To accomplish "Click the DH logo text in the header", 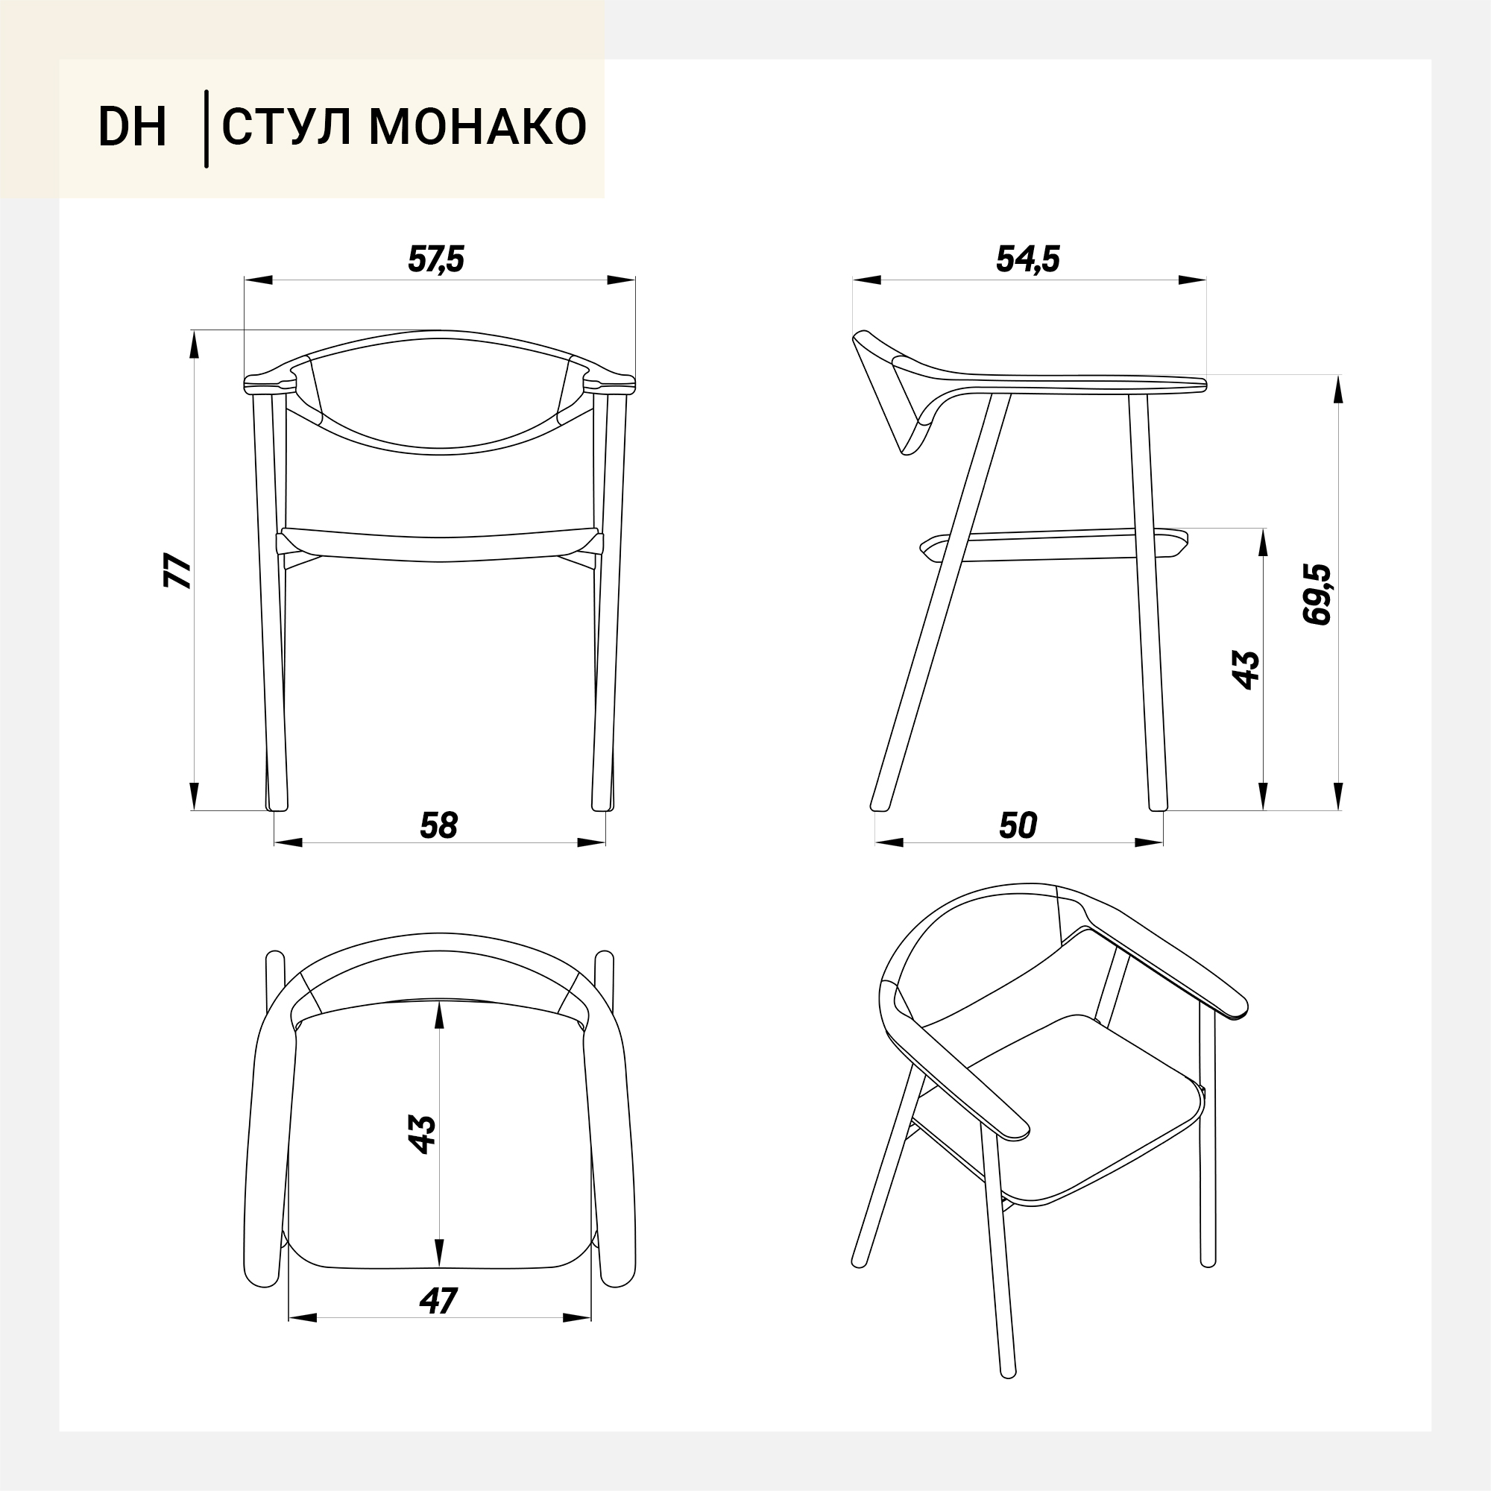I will pyautogui.click(x=132, y=127).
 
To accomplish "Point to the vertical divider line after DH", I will pyautogui.click(x=206, y=129).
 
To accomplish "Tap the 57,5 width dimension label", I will pyautogui.click(x=436, y=259).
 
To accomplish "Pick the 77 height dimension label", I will pyautogui.click(x=178, y=571).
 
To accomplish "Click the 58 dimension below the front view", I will pyautogui.click(x=438, y=826).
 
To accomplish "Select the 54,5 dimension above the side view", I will pyautogui.click(x=1028, y=259).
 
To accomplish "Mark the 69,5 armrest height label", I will pyautogui.click(x=1317, y=594).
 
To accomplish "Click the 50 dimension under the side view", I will pyautogui.click(x=1017, y=826).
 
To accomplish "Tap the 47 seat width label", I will pyautogui.click(x=438, y=1301).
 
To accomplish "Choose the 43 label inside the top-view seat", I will pyautogui.click(x=422, y=1135).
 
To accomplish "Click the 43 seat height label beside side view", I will pyautogui.click(x=1246, y=670).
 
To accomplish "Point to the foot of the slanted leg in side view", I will pyautogui.click(x=879, y=807).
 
